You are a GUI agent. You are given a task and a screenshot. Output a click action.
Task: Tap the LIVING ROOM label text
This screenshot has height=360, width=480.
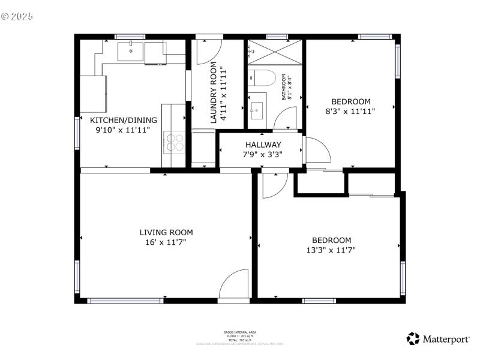(166, 232)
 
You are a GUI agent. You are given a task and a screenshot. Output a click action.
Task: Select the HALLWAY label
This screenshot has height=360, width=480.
(263, 145)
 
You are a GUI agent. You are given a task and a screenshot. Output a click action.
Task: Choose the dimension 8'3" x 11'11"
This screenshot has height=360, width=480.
(350, 111)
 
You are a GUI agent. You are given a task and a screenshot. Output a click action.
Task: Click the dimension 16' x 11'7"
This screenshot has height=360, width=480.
(166, 242)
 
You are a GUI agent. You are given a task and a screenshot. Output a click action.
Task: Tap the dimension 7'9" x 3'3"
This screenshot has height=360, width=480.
(263, 154)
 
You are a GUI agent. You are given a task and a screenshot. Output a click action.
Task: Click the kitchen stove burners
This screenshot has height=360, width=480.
(175, 142)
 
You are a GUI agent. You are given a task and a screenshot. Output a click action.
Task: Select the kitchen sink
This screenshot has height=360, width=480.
(130, 52)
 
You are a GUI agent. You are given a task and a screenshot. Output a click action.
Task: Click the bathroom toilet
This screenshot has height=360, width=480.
(262, 78)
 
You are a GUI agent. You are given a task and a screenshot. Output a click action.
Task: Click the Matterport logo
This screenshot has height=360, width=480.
(439, 339)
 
